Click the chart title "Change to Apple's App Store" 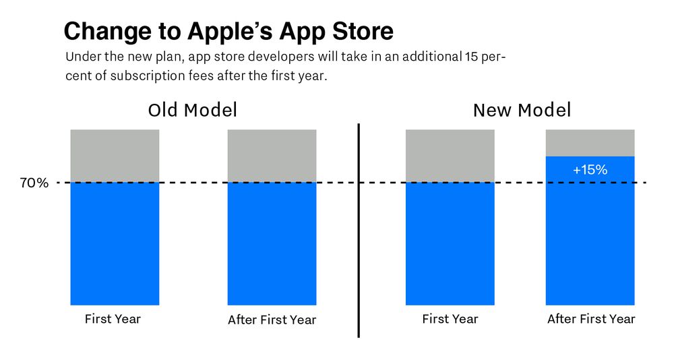228,31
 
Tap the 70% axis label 35,183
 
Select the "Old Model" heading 193,110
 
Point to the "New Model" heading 522,110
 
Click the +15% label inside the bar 590,170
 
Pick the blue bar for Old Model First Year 115,243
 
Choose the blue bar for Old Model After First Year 272,243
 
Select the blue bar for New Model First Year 450,243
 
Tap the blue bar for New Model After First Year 590,236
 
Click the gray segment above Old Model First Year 115,156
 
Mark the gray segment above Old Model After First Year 272,156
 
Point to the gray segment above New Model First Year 450,156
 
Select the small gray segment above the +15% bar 590,142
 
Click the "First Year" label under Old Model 113,318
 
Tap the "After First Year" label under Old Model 272,319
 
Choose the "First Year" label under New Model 450,318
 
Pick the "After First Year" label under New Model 590,318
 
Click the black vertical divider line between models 359,229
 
